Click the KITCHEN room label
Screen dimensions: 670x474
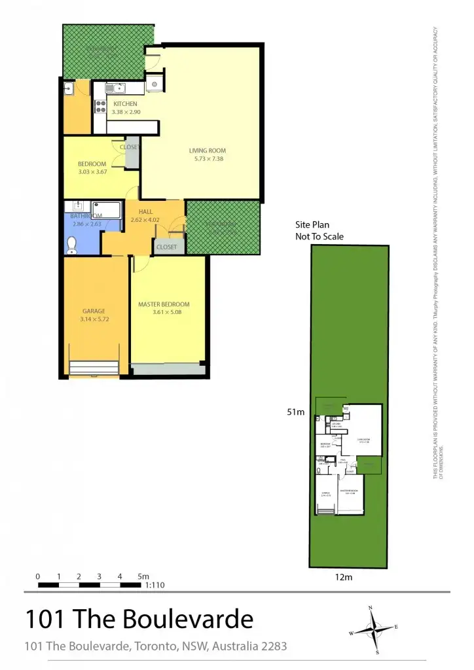125,104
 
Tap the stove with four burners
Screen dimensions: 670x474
101,106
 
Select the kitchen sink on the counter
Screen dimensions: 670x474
115,88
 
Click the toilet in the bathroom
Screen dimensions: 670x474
72,245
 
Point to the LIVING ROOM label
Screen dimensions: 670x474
207,150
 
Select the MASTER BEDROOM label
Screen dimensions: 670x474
164,304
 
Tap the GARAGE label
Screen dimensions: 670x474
94,311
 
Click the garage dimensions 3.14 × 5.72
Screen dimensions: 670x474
94,319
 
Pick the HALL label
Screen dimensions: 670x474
145,211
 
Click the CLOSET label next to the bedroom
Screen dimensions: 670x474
129,147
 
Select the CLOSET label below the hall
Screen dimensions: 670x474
167,247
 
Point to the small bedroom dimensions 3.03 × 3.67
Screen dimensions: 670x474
92,172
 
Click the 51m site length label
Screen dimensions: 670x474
296,412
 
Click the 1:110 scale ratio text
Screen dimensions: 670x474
155,586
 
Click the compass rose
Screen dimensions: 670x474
374,630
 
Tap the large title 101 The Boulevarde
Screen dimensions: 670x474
139,618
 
